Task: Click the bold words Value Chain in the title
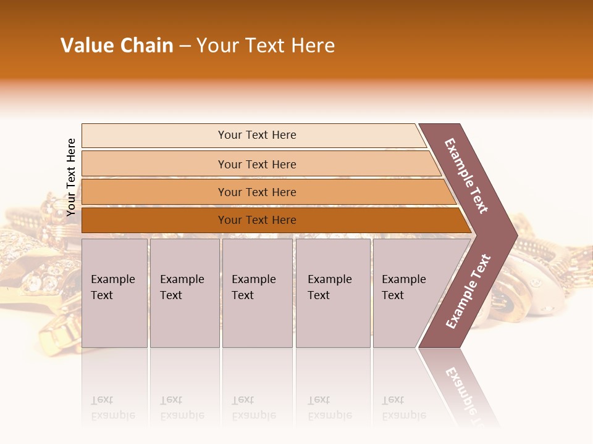117,46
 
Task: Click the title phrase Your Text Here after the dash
266,46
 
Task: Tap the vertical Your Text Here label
71,177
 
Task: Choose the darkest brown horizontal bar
154,220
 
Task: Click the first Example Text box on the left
114,293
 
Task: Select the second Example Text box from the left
184,293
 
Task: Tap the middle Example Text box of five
256,293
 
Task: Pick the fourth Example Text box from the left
332,293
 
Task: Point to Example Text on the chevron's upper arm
466,176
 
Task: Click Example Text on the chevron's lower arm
468,291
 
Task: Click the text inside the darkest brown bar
257,220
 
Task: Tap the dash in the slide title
185,46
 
